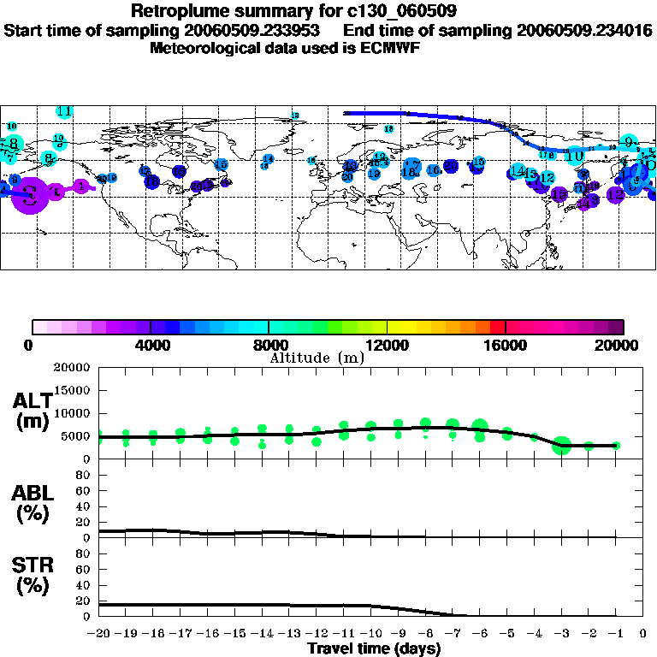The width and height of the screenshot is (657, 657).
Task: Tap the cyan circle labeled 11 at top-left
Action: click(64, 111)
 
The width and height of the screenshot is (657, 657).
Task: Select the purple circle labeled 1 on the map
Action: click(81, 186)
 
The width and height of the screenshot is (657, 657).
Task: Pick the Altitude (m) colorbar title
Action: click(317, 357)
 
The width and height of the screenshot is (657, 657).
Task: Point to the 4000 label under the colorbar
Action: click(151, 345)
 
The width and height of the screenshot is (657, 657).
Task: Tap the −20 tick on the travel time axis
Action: click(99, 634)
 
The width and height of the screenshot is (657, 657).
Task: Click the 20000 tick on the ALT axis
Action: click(73, 368)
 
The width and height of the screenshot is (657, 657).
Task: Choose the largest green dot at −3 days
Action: click(561, 445)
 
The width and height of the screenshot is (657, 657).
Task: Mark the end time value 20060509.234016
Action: click(585, 30)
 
